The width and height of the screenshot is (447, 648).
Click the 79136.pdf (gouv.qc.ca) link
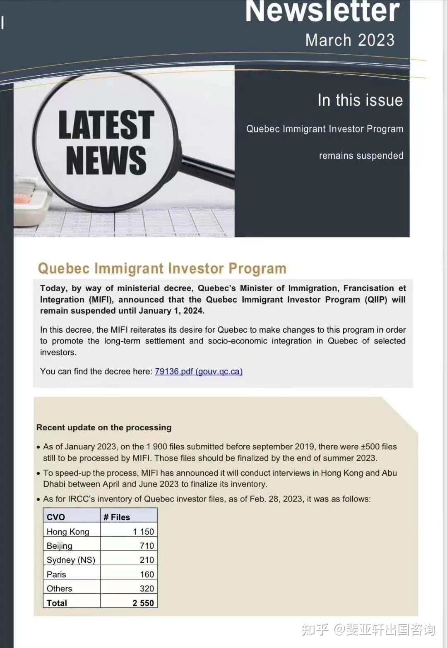pyautogui.click(x=199, y=372)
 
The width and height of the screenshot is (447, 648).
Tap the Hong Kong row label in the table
pyautogui.click(x=68, y=532)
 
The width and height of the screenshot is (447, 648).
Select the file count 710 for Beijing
pyautogui.click(x=147, y=546)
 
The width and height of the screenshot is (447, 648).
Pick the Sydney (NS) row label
pyautogui.click(x=71, y=560)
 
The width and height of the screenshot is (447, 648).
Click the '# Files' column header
pyautogui.click(x=117, y=517)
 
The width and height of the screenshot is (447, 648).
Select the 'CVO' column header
pyautogui.click(x=56, y=517)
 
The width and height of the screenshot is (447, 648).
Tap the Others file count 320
pyautogui.click(x=147, y=588)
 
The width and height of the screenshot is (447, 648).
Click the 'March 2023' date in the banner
pyautogui.click(x=350, y=41)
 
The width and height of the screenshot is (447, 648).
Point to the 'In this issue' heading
pyautogui.click(x=360, y=101)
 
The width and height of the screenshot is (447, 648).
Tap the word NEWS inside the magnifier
pyautogui.click(x=106, y=161)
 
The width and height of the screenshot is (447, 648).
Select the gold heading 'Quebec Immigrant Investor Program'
pyautogui.click(x=162, y=269)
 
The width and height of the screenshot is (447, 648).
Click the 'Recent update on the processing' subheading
pyautogui.click(x=104, y=427)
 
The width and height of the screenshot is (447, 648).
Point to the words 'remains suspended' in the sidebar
pyautogui.click(x=361, y=156)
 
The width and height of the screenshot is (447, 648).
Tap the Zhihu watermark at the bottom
pyautogui.click(x=368, y=629)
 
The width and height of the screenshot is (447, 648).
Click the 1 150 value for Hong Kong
pyautogui.click(x=143, y=532)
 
